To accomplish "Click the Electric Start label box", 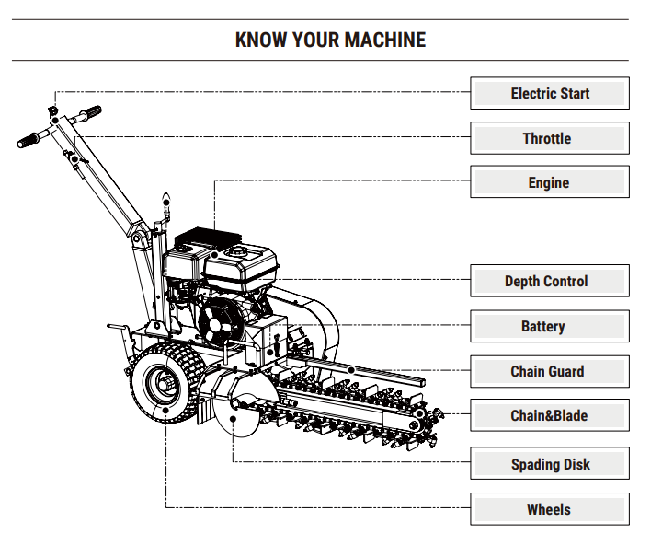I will [x=550, y=93].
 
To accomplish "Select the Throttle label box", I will [x=550, y=138].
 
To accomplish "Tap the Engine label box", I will [x=550, y=182].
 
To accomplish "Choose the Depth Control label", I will [x=550, y=281].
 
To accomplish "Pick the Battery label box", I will [x=550, y=326].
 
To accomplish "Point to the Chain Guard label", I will [x=550, y=371].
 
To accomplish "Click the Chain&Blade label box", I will [x=550, y=415].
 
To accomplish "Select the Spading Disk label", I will [x=550, y=464].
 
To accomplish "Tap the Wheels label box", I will [x=550, y=509].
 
